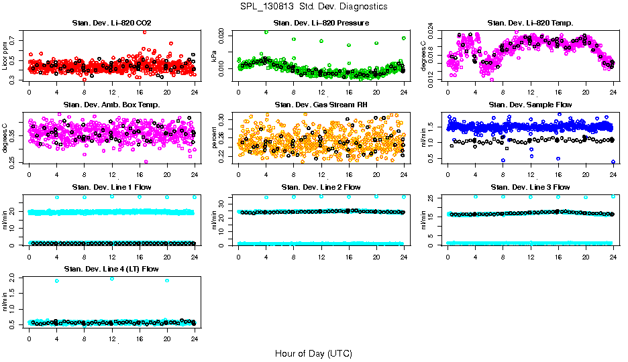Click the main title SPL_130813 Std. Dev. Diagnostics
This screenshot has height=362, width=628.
pyautogui.click(x=313, y=6)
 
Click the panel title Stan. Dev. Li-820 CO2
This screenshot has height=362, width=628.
pyautogui.click(x=111, y=23)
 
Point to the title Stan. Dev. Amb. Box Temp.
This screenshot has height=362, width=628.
pyautogui.click(x=111, y=105)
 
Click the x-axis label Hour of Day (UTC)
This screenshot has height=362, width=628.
pyautogui.click(x=313, y=353)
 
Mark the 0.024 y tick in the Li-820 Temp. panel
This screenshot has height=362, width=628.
pyautogui.click(x=432, y=32)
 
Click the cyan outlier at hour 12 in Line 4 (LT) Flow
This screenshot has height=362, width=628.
pyautogui.click(x=112, y=278)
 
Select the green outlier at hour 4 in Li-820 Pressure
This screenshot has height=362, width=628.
pyautogui.click(x=266, y=32)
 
